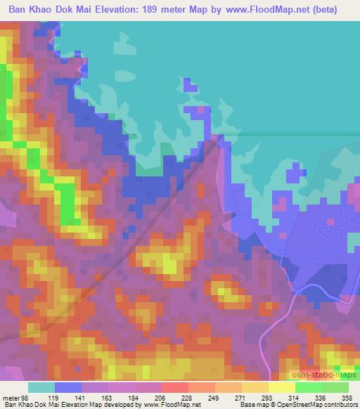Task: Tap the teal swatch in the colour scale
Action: pyautogui.click(x=41, y=388)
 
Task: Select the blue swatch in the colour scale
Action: pyautogui.click(x=67, y=388)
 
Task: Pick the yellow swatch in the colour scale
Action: pyautogui.click(x=282, y=388)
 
